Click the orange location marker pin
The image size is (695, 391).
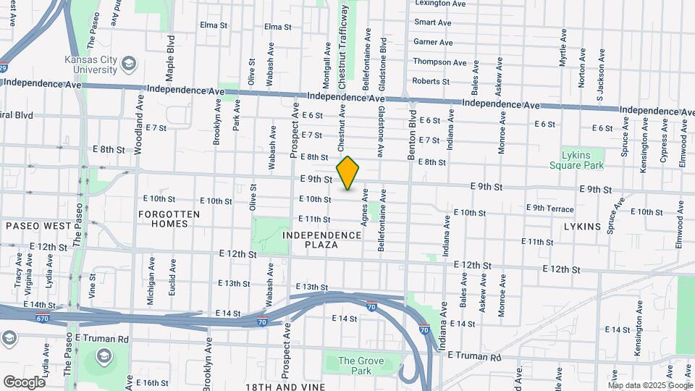click(348, 173)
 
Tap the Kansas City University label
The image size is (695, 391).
click(90, 64)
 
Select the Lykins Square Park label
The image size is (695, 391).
click(582, 160)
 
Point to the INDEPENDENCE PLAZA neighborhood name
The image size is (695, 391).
click(322, 240)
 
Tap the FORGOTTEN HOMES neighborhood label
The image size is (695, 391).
click(164, 219)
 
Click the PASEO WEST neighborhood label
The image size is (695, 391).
click(38, 226)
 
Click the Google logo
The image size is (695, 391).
click(24, 382)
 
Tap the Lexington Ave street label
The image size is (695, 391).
click(440, 4)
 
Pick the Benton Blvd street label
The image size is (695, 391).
click(411, 135)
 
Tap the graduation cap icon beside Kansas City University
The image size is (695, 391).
click(129, 64)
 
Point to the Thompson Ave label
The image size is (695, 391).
click(442, 62)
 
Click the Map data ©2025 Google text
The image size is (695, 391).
click(651, 385)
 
